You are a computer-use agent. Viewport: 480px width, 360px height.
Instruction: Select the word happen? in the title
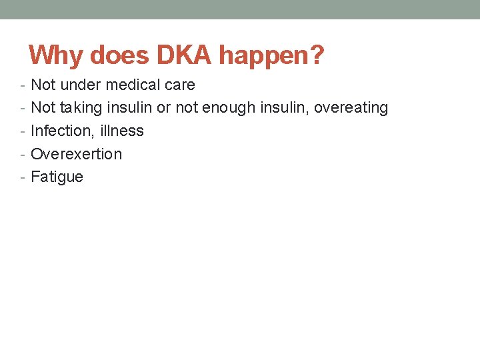(x=271, y=55)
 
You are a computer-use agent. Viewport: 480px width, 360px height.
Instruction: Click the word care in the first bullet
(x=179, y=85)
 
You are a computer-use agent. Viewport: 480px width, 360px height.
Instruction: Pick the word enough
(x=229, y=108)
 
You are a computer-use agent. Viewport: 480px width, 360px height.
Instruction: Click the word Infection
(x=59, y=131)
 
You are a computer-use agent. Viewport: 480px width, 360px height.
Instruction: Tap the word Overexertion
(x=77, y=154)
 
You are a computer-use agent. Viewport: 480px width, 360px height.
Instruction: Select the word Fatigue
(x=57, y=177)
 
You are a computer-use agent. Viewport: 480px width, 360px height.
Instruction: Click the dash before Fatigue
(x=23, y=177)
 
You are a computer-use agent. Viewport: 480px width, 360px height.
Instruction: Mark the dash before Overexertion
(x=23, y=155)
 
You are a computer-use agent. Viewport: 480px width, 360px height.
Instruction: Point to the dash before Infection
(x=23, y=131)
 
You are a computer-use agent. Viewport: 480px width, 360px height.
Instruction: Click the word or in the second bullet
(x=163, y=108)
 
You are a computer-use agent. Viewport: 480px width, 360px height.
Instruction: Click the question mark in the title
(x=317, y=55)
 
